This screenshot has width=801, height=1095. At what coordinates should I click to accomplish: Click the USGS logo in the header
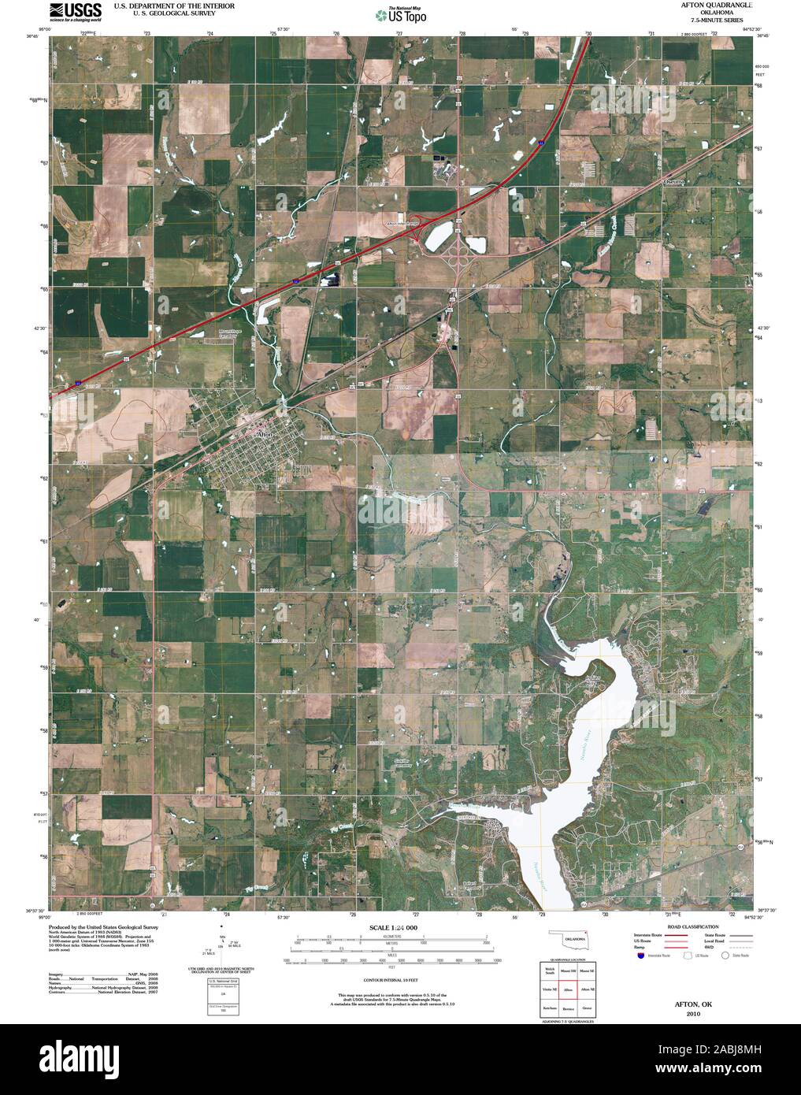point(76,11)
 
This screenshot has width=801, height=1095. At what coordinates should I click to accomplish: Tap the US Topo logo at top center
point(400,13)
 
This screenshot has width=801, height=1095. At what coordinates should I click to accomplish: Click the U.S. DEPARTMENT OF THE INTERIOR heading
point(174,5)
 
